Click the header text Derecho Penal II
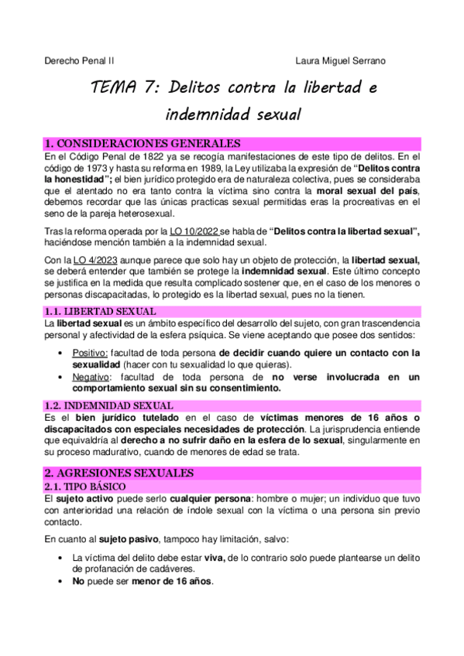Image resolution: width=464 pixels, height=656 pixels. pyautogui.click(x=77, y=60)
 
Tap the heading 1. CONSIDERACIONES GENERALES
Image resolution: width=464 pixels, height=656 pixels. pyautogui.click(x=143, y=144)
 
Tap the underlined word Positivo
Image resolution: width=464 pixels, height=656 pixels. pyautogui.click(x=90, y=353)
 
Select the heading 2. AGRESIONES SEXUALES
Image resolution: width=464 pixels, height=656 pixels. pyautogui.click(x=119, y=472)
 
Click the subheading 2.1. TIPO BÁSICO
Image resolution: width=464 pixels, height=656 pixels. pyautogui.click(x=84, y=486)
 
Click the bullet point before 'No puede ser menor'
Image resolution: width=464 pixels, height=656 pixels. pyautogui.click(x=61, y=581)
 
